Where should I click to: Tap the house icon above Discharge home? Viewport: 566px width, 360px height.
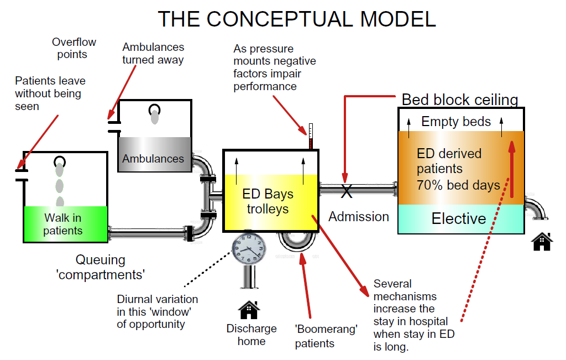(x=249, y=310)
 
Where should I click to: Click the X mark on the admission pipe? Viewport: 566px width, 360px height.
(x=346, y=191)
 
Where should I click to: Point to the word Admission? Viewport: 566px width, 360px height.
(x=359, y=217)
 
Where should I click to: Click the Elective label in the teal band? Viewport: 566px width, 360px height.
(x=458, y=218)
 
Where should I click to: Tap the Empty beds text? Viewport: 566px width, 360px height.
(x=456, y=122)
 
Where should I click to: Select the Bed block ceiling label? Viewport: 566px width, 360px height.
(x=460, y=100)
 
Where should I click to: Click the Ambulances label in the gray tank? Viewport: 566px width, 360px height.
(x=153, y=159)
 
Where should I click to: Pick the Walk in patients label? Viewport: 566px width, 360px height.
(x=63, y=225)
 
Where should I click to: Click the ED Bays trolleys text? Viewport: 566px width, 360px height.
(x=268, y=202)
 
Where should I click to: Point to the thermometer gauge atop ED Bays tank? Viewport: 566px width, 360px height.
(x=311, y=136)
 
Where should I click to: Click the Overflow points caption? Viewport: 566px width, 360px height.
(x=74, y=48)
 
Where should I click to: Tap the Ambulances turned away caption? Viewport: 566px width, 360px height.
(x=153, y=54)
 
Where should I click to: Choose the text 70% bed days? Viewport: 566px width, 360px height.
(x=458, y=185)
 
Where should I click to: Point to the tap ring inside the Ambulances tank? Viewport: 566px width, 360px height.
(x=154, y=109)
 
